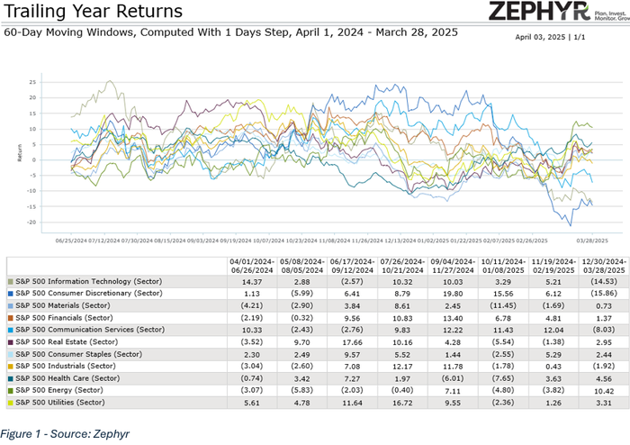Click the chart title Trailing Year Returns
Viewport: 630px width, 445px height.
coord(92,12)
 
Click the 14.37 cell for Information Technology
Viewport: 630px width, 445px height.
coord(250,282)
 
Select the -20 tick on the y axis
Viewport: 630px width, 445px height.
coord(57,222)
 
